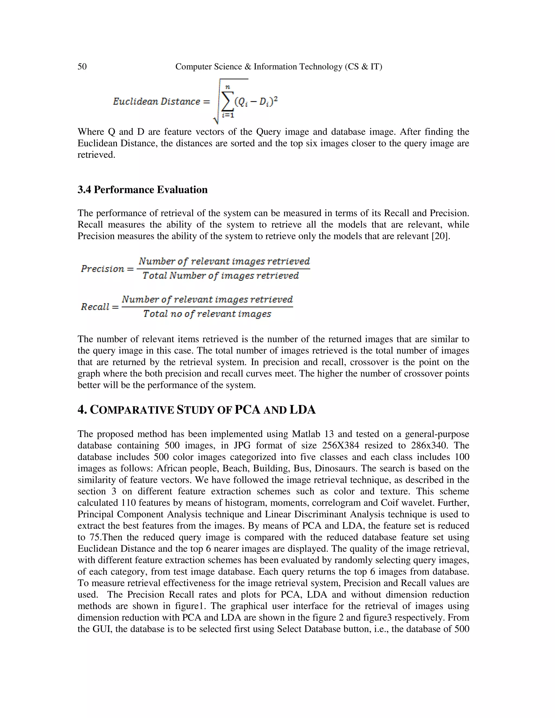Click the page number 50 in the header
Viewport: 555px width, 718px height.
[82, 67]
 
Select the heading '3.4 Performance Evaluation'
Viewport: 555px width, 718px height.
[142, 190]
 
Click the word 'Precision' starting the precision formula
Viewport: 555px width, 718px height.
[103, 269]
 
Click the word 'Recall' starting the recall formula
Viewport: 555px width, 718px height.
[95, 307]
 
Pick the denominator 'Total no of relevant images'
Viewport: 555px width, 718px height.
[207, 314]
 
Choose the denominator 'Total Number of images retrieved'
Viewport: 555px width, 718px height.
[221, 276]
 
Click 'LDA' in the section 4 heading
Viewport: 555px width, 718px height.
[302, 410]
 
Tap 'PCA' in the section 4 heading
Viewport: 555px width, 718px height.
[247, 410]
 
